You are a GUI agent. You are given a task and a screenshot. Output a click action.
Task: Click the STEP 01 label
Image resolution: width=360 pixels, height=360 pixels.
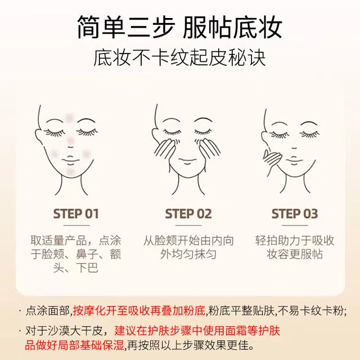[76, 214]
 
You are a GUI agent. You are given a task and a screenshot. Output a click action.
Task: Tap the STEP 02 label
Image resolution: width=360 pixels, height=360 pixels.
[188, 214]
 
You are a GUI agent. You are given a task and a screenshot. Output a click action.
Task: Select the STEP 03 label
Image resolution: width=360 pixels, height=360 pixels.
[295, 214]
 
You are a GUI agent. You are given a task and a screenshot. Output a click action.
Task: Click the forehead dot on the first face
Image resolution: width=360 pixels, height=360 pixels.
[69, 118]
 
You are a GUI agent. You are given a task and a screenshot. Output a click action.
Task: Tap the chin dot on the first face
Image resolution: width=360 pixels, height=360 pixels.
[71, 172]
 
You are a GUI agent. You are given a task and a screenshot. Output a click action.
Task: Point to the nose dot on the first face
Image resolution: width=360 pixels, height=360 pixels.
[71, 141]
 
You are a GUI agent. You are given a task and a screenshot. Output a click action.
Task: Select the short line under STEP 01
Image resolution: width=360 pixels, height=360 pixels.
[76, 226]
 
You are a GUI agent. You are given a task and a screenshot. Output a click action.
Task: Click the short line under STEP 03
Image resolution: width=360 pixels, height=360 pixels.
[295, 226]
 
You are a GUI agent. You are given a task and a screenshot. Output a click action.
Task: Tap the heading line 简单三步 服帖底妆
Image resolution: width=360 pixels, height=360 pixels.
[179, 28]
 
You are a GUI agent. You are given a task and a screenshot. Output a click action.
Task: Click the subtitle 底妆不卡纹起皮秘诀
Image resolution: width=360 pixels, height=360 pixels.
[179, 57]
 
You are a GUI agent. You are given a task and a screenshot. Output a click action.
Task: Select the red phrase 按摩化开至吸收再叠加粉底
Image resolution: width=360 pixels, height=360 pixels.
[139, 311]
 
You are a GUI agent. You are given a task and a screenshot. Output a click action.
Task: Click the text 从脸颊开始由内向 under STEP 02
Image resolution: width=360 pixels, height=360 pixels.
[188, 241]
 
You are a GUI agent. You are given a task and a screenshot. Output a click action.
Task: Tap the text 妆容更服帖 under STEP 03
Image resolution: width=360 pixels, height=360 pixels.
[295, 254]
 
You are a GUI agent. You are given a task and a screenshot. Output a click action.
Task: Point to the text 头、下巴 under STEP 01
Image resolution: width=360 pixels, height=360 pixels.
[76, 268]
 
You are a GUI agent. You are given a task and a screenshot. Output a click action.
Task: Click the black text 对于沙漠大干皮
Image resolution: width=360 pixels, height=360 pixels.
[64, 331]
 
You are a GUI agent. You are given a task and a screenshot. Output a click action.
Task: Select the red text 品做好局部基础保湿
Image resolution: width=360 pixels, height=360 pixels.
[74, 345]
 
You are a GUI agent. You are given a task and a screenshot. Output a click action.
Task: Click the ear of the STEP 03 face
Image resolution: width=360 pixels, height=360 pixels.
[264, 138]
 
